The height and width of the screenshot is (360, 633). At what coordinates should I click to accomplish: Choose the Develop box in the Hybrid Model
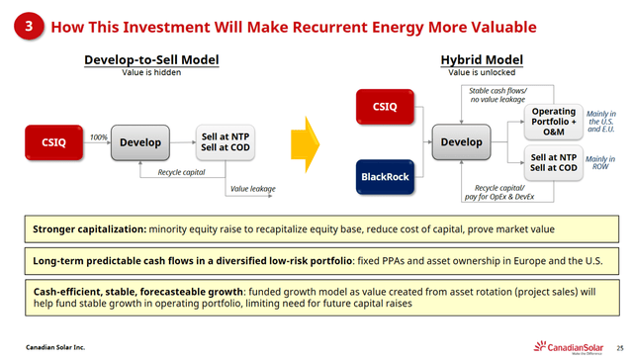[462, 141]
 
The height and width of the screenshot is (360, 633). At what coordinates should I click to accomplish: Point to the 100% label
[98, 136]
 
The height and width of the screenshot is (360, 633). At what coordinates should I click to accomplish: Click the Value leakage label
[252, 187]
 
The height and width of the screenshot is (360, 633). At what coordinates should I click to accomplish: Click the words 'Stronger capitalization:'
[89, 228]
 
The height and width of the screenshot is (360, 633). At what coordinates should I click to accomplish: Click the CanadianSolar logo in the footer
[573, 345]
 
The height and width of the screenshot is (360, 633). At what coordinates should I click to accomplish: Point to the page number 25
[618, 346]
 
